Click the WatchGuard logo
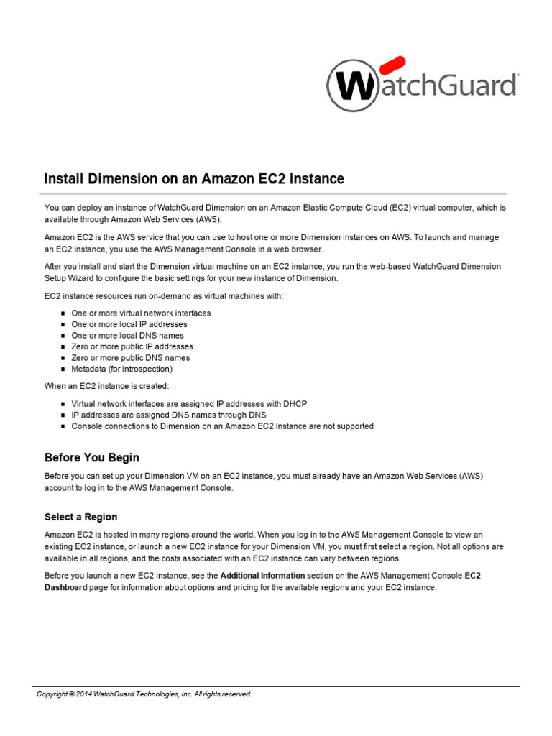click(x=422, y=85)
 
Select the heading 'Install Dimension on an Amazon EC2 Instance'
click(x=194, y=178)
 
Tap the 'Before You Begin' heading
click(x=92, y=457)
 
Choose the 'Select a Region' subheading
click(x=80, y=517)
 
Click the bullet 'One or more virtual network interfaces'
click(x=141, y=313)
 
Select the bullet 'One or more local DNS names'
click(x=127, y=336)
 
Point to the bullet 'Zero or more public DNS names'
click(x=131, y=358)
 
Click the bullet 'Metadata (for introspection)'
click(x=121, y=369)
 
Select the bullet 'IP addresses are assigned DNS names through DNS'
click(x=168, y=415)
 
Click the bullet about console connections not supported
click(x=222, y=426)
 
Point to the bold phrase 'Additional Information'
click(x=262, y=576)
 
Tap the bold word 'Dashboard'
click(x=66, y=587)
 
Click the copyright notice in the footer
click(x=144, y=694)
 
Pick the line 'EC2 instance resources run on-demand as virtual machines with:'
click(x=164, y=296)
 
